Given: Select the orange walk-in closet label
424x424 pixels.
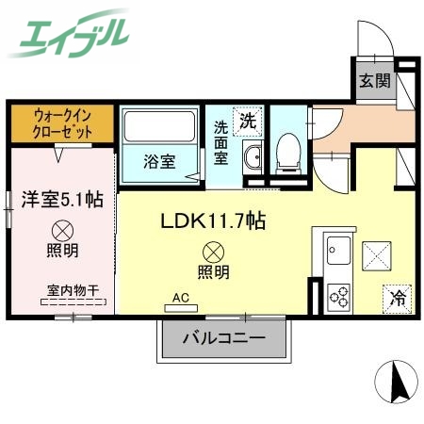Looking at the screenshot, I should point(62,122).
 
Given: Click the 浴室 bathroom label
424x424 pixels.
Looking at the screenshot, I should point(158,161).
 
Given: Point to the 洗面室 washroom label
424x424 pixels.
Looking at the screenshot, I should point(220,140).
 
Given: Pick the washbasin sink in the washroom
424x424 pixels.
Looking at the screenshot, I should point(252,158).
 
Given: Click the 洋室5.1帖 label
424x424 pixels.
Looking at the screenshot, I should point(62,200).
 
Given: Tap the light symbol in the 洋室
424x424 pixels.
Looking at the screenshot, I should point(62,229).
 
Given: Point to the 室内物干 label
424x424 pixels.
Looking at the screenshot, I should point(73,291).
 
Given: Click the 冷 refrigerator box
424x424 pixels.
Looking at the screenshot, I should point(397,299).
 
